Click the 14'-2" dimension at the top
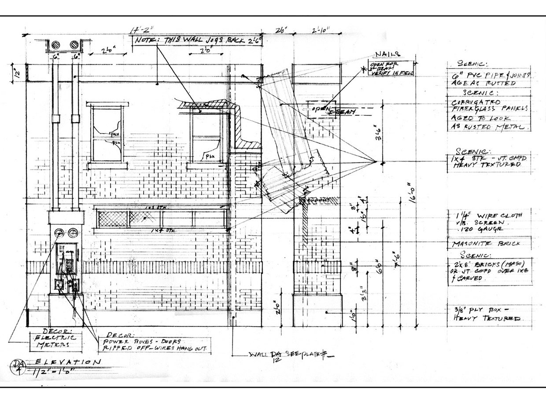pos(140,31)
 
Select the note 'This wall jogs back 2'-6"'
pos(198,40)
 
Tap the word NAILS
pos(387,54)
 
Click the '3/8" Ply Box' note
pos(484,314)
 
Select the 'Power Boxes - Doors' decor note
pos(154,344)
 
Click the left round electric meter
pos(59,233)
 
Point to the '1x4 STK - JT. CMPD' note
pos(487,161)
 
